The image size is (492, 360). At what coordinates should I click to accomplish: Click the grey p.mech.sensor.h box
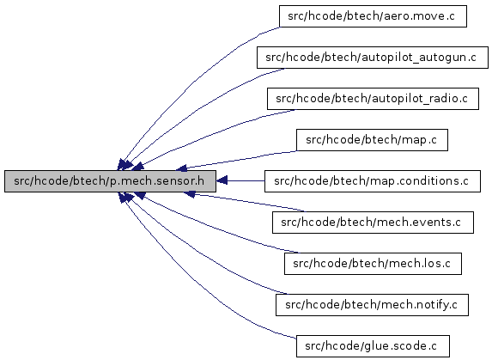[x=110, y=181]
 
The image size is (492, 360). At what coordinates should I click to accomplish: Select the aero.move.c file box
[x=373, y=16]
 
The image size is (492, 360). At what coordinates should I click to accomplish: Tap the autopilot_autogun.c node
[x=373, y=58]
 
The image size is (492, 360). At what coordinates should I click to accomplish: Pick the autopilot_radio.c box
[x=373, y=99]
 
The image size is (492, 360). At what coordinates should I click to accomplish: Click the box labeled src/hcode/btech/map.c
[x=372, y=140]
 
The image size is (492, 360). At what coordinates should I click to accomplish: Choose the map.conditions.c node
[x=373, y=181]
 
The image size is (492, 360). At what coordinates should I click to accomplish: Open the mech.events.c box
[x=373, y=223]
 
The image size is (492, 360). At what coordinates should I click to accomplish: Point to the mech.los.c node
[x=373, y=264]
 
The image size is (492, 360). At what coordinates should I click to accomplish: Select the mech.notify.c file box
[x=372, y=305]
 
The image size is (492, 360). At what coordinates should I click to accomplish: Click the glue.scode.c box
[x=373, y=346]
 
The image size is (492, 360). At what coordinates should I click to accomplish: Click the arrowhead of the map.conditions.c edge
[x=222, y=180]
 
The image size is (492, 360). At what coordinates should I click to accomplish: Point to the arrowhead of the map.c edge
[x=182, y=168]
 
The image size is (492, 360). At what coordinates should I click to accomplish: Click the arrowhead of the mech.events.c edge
[x=190, y=194]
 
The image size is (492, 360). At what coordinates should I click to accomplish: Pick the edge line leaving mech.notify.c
[x=201, y=254]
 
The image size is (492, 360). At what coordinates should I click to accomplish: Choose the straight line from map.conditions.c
[x=246, y=180]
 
